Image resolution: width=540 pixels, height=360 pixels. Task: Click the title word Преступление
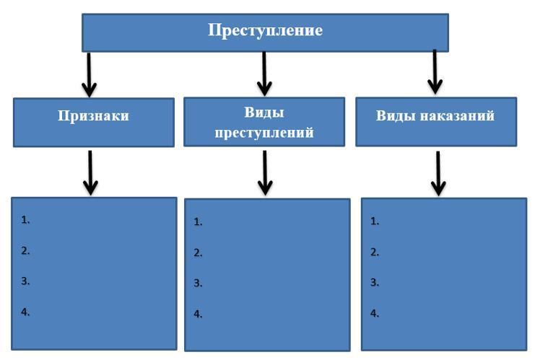click(x=265, y=30)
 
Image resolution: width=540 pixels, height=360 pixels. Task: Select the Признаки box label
click(x=93, y=115)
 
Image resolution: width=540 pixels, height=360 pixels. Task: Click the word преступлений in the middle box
click(x=264, y=133)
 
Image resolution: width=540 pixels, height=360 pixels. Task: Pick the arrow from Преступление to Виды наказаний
click(x=435, y=72)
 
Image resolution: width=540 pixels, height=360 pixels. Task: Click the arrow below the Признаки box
click(x=90, y=172)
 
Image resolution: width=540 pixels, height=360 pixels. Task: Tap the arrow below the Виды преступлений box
click(x=265, y=172)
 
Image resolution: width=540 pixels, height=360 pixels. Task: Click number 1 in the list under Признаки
click(x=25, y=220)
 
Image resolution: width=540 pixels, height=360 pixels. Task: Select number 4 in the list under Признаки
click(x=25, y=312)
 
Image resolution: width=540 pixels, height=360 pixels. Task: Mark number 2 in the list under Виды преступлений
click(x=198, y=253)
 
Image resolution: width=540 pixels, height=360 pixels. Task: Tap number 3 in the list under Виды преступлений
click(x=198, y=284)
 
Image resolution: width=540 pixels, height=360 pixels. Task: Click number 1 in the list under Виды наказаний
click(x=375, y=221)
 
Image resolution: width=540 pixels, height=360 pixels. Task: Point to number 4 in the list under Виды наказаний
click(x=375, y=313)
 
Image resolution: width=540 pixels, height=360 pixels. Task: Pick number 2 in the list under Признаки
click(x=25, y=250)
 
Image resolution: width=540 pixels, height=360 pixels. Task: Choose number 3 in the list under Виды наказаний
click(x=375, y=283)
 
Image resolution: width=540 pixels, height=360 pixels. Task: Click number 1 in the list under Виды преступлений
click(x=198, y=222)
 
